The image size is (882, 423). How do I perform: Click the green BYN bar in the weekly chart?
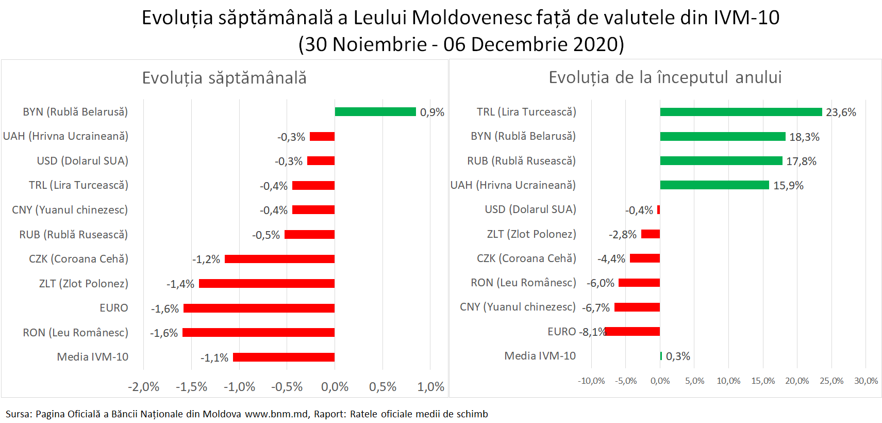(x=375, y=112)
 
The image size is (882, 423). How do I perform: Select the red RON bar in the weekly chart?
(x=258, y=333)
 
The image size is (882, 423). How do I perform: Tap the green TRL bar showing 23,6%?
(x=741, y=112)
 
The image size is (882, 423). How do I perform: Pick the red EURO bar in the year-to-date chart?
(x=633, y=332)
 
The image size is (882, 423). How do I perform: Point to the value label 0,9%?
(x=432, y=112)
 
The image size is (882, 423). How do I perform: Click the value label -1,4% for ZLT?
(x=180, y=284)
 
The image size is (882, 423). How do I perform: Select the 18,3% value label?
(x=804, y=137)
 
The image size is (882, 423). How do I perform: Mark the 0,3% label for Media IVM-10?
(x=678, y=356)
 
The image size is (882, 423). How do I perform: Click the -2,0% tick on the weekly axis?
(x=143, y=387)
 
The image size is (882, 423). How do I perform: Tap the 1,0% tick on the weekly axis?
(x=430, y=387)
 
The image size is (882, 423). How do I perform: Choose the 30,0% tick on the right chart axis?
(x=866, y=381)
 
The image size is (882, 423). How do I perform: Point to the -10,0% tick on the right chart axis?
(x=591, y=381)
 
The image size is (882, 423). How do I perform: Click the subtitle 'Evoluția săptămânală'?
(x=224, y=78)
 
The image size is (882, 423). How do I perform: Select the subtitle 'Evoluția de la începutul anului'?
(x=665, y=77)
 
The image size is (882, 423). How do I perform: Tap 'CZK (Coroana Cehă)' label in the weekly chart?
(x=78, y=259)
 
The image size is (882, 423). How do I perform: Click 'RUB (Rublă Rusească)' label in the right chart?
(x=521, y=161)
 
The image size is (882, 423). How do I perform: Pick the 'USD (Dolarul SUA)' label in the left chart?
(x=82, y=161)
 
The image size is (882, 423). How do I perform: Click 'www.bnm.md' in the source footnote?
(x=277, y=414)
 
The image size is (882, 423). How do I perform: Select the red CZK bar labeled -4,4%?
(x=644, y=258)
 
